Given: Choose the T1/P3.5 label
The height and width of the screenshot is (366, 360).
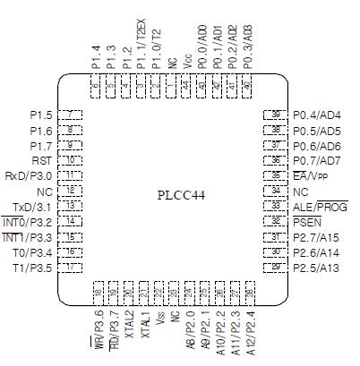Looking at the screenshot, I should click(x=34, y=268).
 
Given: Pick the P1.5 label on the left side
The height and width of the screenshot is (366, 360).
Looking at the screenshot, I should click(x=41, y=115).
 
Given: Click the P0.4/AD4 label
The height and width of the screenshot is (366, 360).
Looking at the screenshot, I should click(x=316, y=115).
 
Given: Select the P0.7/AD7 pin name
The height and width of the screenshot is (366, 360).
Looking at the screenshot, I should click(x=316, y=161).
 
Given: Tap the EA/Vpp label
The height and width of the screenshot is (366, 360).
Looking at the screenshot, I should click(x=312, y=176).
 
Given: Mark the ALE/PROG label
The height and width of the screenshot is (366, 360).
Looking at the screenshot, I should click(x=320, y=207).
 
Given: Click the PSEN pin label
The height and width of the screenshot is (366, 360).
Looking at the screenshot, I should click(x=306, y=222).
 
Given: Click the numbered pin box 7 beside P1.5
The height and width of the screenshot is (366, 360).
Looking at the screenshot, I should click(x=72, y=115).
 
